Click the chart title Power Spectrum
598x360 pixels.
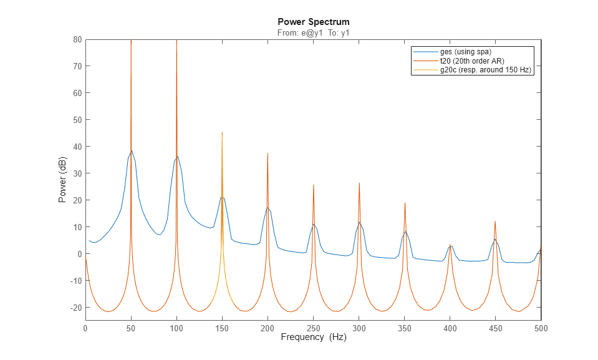click(313, 22)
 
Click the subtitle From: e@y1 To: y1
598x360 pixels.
click(313, 32)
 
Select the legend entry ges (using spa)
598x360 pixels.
click(462, 51)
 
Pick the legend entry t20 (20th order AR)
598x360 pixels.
click(472, 61)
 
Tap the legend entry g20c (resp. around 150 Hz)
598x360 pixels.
click(486, 70)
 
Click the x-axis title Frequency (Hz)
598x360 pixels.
click(313, 338)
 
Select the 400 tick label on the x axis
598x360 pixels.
click(450, 328)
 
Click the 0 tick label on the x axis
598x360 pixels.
click(85, 328)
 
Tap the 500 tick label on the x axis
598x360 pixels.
click(541, 328)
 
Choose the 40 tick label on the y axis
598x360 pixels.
click(77, 147)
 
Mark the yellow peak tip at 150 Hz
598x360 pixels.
click(222, 132)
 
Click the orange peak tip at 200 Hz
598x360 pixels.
click(268, 153)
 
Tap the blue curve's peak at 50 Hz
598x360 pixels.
click(131, 150)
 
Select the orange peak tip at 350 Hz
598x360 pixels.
click(405, 203)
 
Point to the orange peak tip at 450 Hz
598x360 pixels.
click(495, 221)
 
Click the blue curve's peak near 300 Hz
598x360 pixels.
click(359, 221)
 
